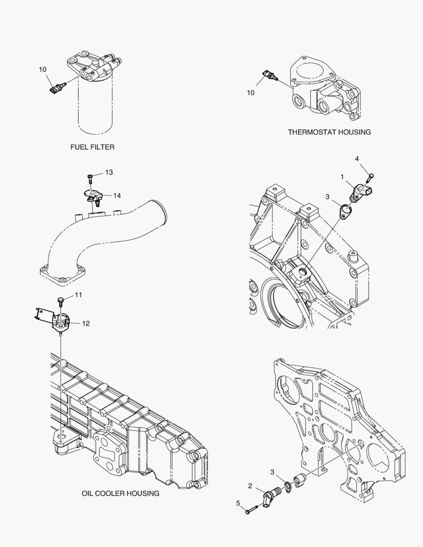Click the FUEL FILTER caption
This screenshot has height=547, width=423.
(x=92, y=147)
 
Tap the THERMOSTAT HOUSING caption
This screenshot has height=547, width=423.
(x=329, y=132)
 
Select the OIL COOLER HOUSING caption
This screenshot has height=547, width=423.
(x=121, y=493)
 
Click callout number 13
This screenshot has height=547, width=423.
(x=109, y=173)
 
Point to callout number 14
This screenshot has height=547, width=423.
(x=117, y=196)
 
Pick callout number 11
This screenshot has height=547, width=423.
(x=79, y=295)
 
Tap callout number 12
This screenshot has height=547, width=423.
(x=86, y=323)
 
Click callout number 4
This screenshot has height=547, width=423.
(x=357, y=159)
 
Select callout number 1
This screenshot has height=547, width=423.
(x=342, y=177)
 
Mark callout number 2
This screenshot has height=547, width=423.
(x=250, y=486)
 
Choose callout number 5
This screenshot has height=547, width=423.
(x=238, y=503)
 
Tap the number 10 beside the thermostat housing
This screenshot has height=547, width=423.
(x=251, y=92)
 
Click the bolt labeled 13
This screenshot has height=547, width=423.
(x=90, y=178)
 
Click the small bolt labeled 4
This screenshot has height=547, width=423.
(x=370, y=176)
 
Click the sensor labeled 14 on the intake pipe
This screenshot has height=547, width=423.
(x=93, y=196)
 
